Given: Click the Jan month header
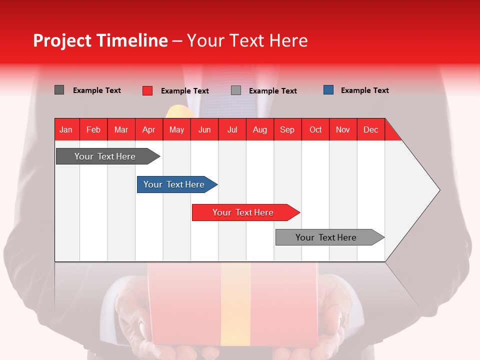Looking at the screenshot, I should tap(66, 129).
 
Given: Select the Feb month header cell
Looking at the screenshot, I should tap(93, 129).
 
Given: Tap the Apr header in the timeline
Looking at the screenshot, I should tap(149, 129).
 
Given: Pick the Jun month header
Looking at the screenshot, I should tap(204, 129).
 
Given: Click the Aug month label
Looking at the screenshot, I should tap(260, 129).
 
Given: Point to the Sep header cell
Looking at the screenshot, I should tap(287, 129).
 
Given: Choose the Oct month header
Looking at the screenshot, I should tap(315, 129).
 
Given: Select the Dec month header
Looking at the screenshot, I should tap(371, 129).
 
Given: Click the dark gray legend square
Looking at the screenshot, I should tap(59, 90).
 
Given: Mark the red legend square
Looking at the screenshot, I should tap(147, 90).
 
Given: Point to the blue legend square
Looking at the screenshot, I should tap(328, 90).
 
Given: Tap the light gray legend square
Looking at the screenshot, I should tap(236, 90).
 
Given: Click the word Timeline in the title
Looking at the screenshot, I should tap(132, 40).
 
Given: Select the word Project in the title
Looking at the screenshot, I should tap(62, 40).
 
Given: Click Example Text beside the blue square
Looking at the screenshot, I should tap(364, 90).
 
